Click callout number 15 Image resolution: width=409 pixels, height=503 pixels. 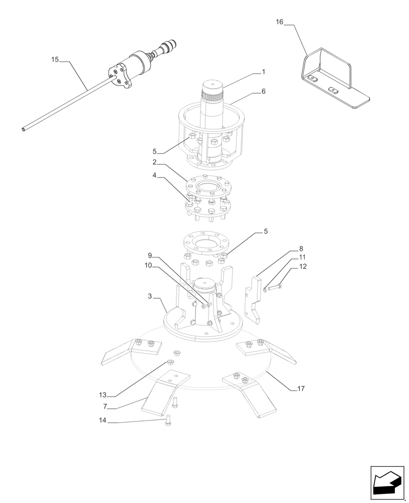point(55,60)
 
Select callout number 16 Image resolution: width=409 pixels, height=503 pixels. point(280,22)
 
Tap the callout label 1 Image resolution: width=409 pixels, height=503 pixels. point(263,72)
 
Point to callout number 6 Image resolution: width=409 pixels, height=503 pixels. point(263,92)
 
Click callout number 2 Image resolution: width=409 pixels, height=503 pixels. point(155,162)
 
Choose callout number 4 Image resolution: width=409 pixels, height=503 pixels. point(155,176)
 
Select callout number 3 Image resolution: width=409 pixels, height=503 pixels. point(150,297)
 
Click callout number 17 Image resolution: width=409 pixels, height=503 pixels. point(301,389)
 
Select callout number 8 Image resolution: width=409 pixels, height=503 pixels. point(301,248)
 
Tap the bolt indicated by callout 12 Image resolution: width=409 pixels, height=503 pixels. point(275,287)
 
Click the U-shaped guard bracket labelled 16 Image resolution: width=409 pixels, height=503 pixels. point(327,75)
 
